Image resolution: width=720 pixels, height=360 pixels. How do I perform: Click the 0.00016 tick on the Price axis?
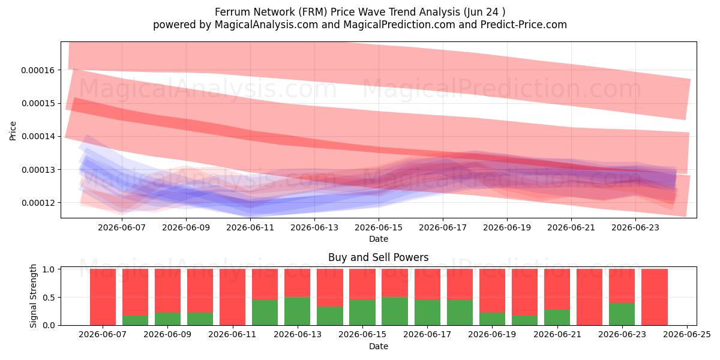coord(38,70)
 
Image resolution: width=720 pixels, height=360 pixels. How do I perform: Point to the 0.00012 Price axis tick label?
coord(38,203)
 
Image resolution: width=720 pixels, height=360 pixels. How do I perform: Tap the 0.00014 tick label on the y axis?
coord(38,137)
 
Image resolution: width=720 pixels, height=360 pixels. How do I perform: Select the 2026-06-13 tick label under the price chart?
coord(314,227)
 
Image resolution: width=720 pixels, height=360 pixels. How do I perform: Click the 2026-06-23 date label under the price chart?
coord(635,227)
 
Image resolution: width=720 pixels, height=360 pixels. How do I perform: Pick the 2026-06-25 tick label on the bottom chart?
coord(687,335)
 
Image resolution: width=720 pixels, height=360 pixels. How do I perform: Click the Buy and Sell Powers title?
coord(379,257)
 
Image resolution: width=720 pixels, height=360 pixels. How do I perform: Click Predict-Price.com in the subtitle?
coord(524,25)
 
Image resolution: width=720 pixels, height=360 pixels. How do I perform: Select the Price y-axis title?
coord(13,131)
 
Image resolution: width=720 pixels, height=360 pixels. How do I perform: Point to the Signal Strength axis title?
coord(33,296)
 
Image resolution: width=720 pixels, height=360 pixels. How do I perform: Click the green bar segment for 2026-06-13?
coord(298,311)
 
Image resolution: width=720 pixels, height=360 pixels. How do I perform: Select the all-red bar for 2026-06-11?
coord(232,297)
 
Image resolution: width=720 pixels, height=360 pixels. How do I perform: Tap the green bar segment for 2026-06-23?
coord(622,314)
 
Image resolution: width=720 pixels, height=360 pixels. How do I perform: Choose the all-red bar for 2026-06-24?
coord(655,297)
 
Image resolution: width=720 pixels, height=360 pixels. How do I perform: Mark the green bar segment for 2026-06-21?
coord(557,317)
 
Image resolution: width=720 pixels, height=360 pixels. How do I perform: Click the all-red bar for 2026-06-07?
coord(103,297)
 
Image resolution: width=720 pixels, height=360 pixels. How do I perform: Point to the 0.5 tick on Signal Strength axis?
coord(49,298)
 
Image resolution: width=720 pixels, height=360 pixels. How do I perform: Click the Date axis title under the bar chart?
coord(379,346)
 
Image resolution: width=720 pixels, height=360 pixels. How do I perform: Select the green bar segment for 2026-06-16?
coord(395,311)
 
